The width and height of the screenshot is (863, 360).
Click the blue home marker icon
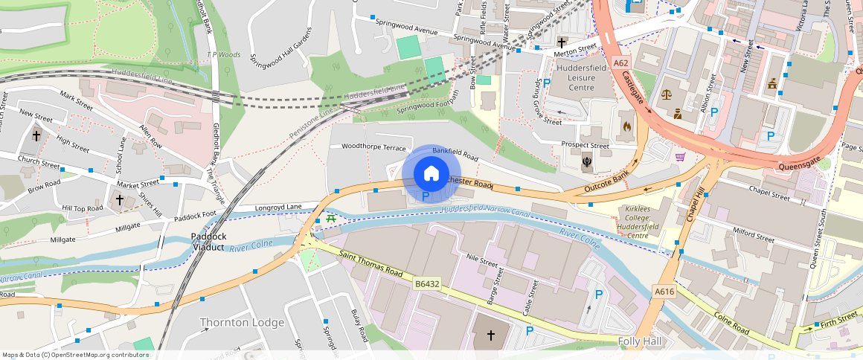[431, 174]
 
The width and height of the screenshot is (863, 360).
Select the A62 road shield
[621, 64]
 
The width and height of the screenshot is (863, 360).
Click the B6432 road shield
[428, 284]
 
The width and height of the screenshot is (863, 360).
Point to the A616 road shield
[664, 292]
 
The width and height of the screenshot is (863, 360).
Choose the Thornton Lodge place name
[242, 322]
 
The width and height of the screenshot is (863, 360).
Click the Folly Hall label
[645, 340]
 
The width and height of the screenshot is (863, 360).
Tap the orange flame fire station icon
[626, 126]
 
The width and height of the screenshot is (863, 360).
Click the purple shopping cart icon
[679, 156]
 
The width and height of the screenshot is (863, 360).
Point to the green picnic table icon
[330, 219]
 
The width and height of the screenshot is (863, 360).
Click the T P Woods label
[223, 54]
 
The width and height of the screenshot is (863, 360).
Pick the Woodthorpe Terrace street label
[373, 147]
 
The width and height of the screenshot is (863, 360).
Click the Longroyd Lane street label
[277, 207]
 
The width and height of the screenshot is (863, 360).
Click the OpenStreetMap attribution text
[76, 355]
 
